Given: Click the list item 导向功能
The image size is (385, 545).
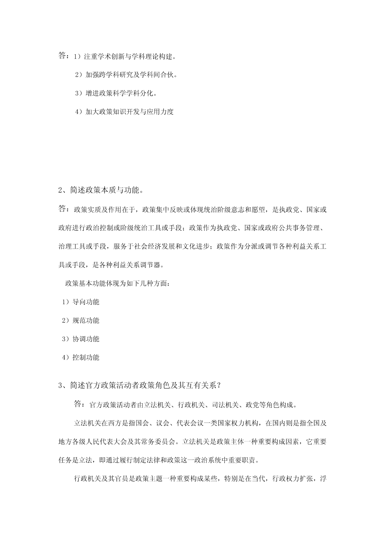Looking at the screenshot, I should pos(86,302).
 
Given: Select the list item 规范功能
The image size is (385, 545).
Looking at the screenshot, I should pos(86,320).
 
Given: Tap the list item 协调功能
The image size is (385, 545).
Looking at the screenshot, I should pos(86,339).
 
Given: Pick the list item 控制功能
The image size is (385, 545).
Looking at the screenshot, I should pos(86,357).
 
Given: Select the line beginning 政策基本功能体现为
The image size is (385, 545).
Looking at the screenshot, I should pos(117,284).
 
